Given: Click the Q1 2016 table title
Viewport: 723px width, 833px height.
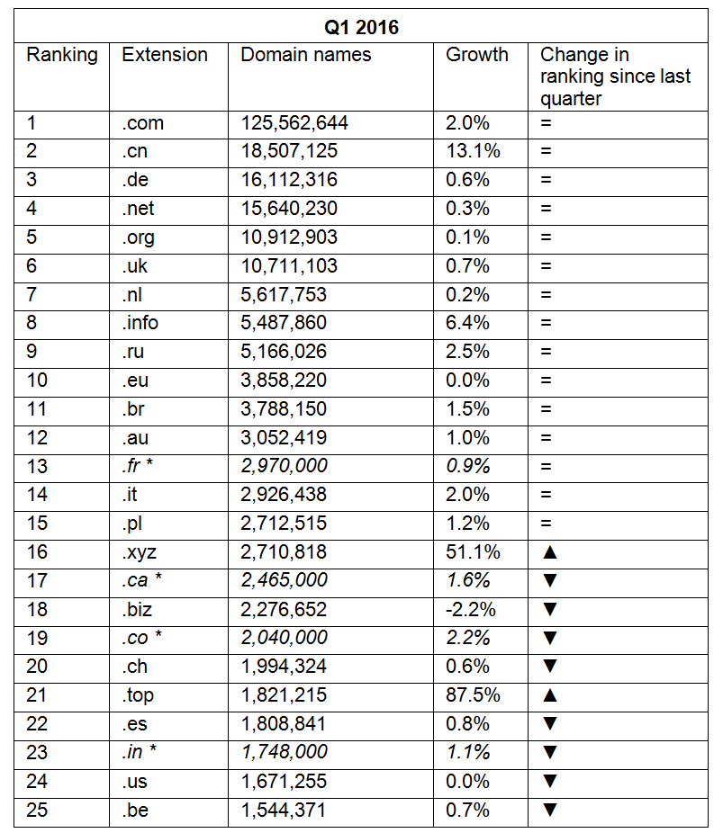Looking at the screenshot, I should [361, 27].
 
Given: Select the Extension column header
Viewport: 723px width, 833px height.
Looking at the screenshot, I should [165, 55].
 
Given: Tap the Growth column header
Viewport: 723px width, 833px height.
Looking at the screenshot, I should [477, 55].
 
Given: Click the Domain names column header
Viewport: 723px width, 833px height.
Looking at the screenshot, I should [305, 55].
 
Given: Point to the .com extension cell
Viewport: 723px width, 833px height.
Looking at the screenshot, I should [143, 123].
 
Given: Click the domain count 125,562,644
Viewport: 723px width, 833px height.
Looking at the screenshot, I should [294, 123].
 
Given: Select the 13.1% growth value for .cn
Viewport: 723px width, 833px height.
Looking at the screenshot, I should [468, 151].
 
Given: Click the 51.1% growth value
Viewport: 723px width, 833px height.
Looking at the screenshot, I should [468, 552].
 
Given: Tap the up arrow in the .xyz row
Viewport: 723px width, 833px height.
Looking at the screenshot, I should [550, 552].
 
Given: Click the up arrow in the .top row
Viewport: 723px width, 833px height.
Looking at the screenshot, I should [550, 695].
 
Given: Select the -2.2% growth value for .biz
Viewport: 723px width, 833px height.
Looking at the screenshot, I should [471, 610].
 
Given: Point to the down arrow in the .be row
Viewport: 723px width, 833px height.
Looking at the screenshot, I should [550, 811].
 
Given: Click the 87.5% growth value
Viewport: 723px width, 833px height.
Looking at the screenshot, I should [469, 695].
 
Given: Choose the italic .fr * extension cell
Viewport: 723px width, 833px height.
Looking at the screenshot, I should [140, 466].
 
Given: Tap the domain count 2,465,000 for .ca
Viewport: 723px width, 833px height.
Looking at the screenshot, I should [285, 580].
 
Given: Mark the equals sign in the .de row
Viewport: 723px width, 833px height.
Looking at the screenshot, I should [546, 180].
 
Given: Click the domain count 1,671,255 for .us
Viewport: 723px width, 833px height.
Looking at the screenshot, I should [284, 782].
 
